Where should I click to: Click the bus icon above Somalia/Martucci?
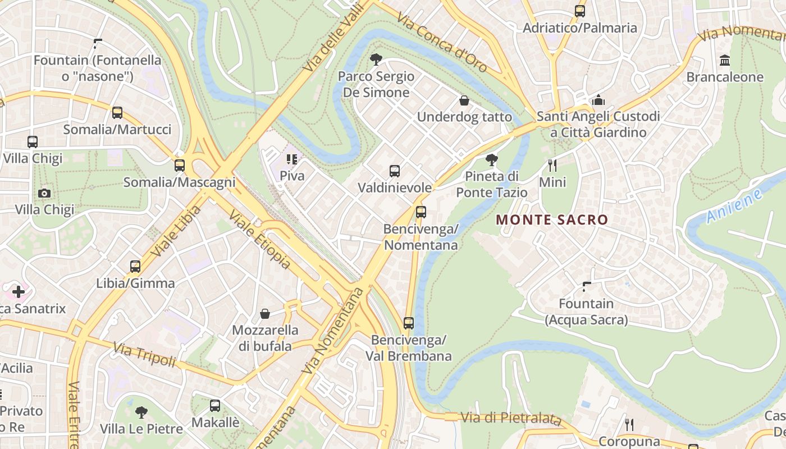(117, 113)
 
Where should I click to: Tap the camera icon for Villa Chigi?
(44, 194)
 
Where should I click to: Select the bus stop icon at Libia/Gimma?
(135, 267)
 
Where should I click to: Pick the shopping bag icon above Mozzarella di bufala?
(265, 314)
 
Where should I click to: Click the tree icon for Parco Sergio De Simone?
(376, 59)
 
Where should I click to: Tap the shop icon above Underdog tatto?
(464, 100)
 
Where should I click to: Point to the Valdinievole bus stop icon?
(395, 171)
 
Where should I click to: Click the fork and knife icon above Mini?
(552, 165)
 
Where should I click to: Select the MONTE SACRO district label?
(552, 220)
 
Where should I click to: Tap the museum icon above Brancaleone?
(725, 60)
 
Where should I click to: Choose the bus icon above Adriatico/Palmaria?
(580, 11)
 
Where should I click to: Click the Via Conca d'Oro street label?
(442, 42)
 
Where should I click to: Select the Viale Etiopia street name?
(260, 240)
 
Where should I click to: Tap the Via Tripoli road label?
(145, 355)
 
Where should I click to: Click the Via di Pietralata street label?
(511, 418)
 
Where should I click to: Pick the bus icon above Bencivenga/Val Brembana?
(409, 323)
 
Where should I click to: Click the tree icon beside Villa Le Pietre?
(141, 413)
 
